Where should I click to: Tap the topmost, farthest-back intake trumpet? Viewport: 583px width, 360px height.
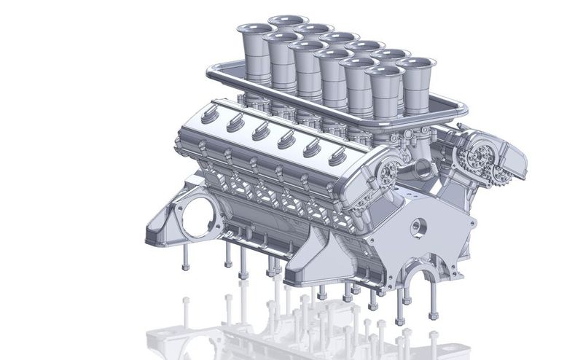coord(288,20)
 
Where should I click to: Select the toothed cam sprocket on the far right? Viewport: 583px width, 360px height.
coord(485,155)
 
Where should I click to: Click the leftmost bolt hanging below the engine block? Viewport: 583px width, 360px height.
coord(184,257)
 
